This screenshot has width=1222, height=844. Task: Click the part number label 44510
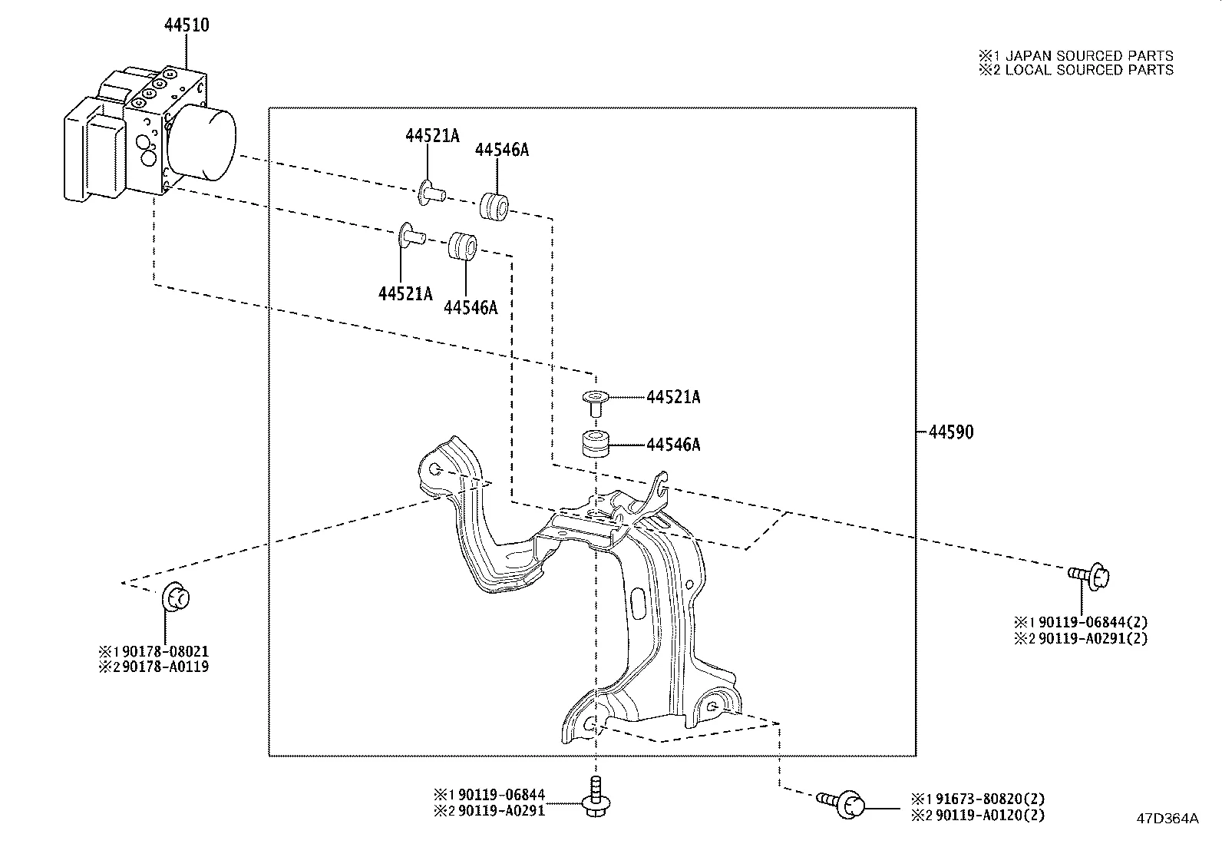tap(186, 25)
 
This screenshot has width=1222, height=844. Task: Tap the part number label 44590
tap(950, 432)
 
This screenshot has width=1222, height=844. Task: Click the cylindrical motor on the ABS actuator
tap(201, 144)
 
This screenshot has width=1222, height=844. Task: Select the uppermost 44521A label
tap(432, 136)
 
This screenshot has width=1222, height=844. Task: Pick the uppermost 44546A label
tap(501, 150)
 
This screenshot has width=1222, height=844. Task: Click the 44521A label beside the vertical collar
tap(673, 397)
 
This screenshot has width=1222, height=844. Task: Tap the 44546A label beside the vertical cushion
tap(673, 445)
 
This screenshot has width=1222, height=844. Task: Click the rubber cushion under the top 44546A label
tap(494, 207)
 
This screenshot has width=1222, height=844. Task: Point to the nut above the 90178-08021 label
tap(176, 597)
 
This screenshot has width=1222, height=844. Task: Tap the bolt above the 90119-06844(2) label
tap(1091, 575)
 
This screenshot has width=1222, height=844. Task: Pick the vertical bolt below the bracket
tap(596, 799)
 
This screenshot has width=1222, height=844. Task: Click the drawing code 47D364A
tap(1167, 819)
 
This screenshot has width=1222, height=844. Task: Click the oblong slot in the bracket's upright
tap(639, 604)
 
